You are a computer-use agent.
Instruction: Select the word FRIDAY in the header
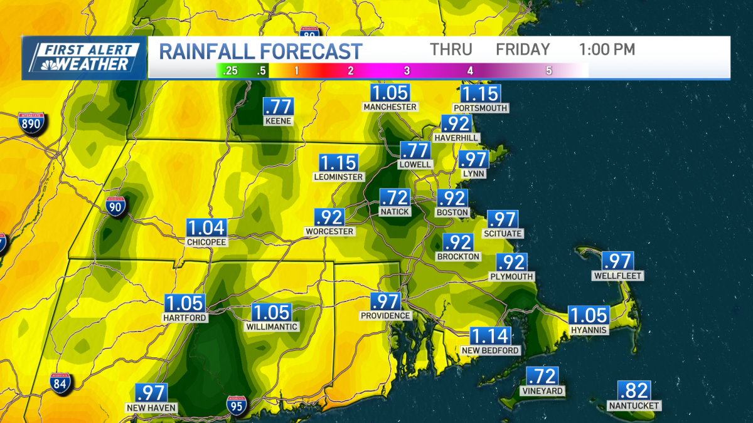pyautogui.click(x=523, y=50)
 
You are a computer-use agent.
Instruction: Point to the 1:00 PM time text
pyautogui.click(x=607, y=50)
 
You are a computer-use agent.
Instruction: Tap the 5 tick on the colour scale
pyautogui.click(x=549, y=71)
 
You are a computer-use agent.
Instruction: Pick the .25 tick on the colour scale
pyautogui.click(x=230, y=71)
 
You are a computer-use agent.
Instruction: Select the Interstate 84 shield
pyautogui.click(x=61, y=382)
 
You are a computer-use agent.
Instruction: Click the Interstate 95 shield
pyautogui.click(x=237, y=405)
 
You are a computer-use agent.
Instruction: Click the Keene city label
pyautogui.click(x=279, y=121)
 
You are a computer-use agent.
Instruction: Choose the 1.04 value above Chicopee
pyautogui.click(x=205, y=228)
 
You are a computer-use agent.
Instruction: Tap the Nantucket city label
pyautogui.click(x=634, y=405)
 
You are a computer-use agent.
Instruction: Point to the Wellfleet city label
pyautogui.click(x=618, y=276)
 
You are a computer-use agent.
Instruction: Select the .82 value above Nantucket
pyautogui.click(x=634, y=390)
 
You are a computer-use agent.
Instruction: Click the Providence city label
pyautogui.click(x=385, y=316)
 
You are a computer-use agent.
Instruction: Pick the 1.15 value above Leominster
pyautogui.click(x=339, y=163)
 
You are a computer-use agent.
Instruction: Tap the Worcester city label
pyautogui.click(x=329, y=231)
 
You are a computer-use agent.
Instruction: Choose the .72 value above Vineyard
pyautogui.click(x=542, y=377)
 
